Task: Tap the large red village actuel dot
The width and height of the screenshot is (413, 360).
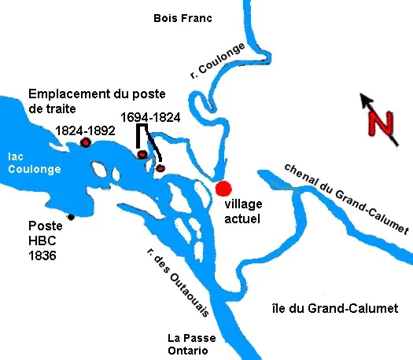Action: [224, 189]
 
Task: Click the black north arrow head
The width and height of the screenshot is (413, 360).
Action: [364, 99]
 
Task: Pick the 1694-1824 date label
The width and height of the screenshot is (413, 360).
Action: [150, 117]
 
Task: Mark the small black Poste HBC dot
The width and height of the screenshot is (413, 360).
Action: [71, 217]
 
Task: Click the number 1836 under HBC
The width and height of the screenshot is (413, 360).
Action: [42, 255]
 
